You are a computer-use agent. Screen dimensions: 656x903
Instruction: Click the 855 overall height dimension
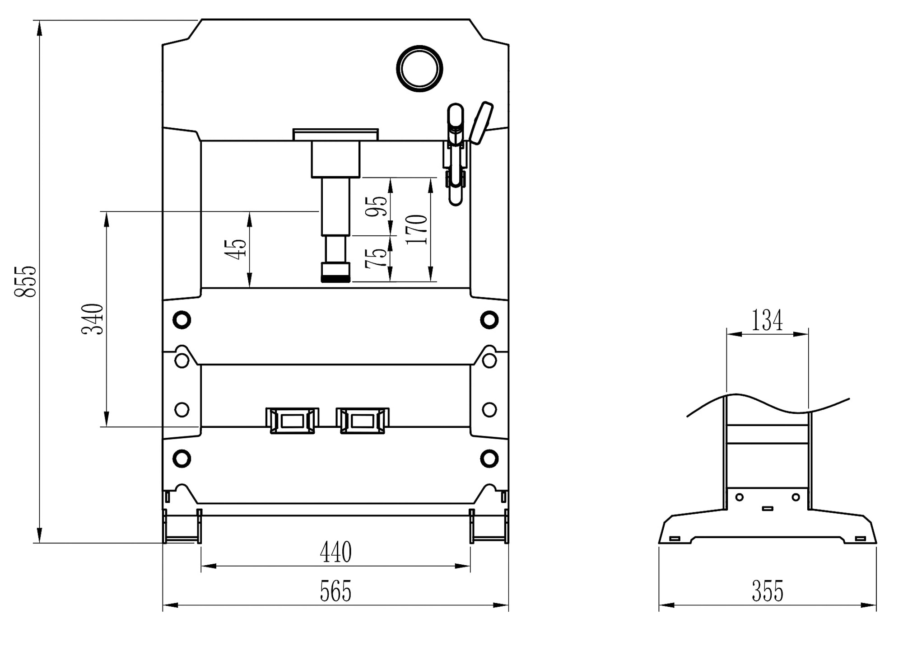(x=25, y=281)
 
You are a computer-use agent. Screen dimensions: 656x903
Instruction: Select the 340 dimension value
(x=93, y=319)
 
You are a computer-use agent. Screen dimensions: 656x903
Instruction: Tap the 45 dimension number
(x=236, y=249)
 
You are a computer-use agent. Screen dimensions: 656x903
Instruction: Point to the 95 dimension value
(x=377, y=206)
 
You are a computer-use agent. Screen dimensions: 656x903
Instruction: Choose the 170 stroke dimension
(x=416, y=230)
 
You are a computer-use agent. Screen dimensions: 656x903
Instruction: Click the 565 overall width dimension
(x=335, y=591)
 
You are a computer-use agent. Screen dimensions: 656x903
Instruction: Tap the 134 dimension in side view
(x=767, y=320)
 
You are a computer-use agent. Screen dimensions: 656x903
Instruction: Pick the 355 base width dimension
(x=767, y=591)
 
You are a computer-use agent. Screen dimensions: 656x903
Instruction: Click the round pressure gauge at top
(x=419, y=69)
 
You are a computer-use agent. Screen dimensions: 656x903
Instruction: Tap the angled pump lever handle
(x=481, y=122)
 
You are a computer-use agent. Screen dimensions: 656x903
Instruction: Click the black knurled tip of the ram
(x=335, y=279)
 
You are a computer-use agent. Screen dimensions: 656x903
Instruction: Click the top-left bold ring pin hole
(x=182, y=320)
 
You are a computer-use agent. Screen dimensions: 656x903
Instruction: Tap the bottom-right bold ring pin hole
(x=489, y=459)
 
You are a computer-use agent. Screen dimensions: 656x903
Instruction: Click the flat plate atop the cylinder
(x=335, y=135)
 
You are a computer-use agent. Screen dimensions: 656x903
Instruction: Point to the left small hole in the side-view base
(x=740, y=497)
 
